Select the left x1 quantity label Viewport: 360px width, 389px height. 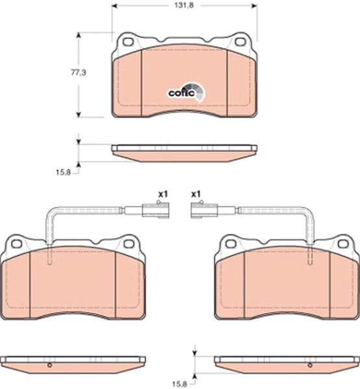(163, 193)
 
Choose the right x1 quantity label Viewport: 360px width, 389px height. (197, 193)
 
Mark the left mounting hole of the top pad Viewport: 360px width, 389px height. (128, 42)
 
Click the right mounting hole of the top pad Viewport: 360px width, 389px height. (240, 42)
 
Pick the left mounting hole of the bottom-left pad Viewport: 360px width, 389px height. (16, 244)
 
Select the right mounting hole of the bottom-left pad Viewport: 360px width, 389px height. (128, 244)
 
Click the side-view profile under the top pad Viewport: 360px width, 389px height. (184, 152)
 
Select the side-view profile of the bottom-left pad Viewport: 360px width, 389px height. (72, 364)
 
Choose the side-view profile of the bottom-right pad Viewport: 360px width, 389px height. (287, 364)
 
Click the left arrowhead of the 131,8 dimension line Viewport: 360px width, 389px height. (115, 5)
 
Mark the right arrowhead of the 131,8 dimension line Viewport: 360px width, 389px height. (254, 5)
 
